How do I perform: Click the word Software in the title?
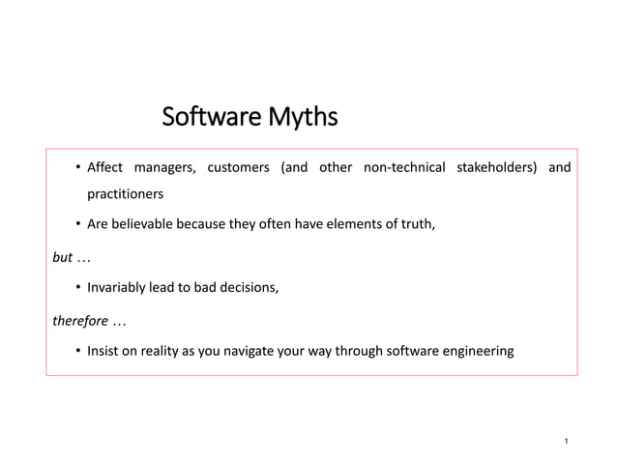[x=204, y=119]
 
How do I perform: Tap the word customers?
[x=238, y=168]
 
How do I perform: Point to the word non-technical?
[x=403, y=168]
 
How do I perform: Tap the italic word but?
[x=61, y=256]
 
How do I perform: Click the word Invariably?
[x=118, y=287]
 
